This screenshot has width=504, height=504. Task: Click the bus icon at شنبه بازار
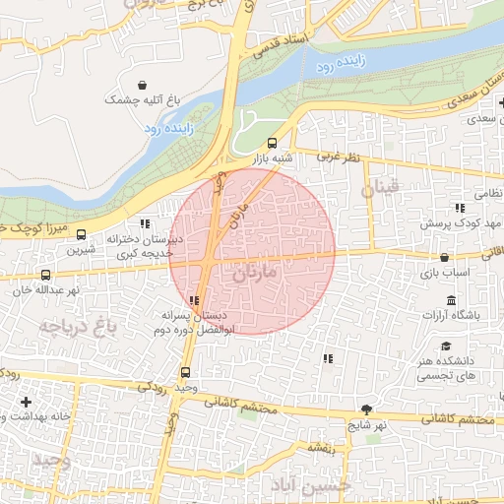pyautogui.click(x=273, y=143)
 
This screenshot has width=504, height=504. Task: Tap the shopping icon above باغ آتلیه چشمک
pyautogui.click(x=145, y=85)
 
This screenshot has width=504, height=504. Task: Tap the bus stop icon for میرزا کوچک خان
pyautogui.click(x=81, y=234)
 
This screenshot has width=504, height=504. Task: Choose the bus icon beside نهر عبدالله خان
pyautogui.click(x=46, y=275)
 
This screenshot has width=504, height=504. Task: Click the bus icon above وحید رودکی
pyautogui.click(x=186, y=372)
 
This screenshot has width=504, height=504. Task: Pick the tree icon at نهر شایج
pyautogui.click(x=367, y=409)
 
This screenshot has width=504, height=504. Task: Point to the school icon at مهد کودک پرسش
pyautogui.click(x=459, y=208)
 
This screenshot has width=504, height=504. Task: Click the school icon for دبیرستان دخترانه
pyautogui.click(x=146, y=223)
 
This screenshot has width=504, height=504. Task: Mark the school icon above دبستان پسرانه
pyautogui.click(x=193, y=300)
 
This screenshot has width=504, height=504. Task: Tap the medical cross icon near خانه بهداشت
pyautogui.click(x=26, y=402)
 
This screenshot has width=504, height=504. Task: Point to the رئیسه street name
pyautogui.click(x=321, y=448)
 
